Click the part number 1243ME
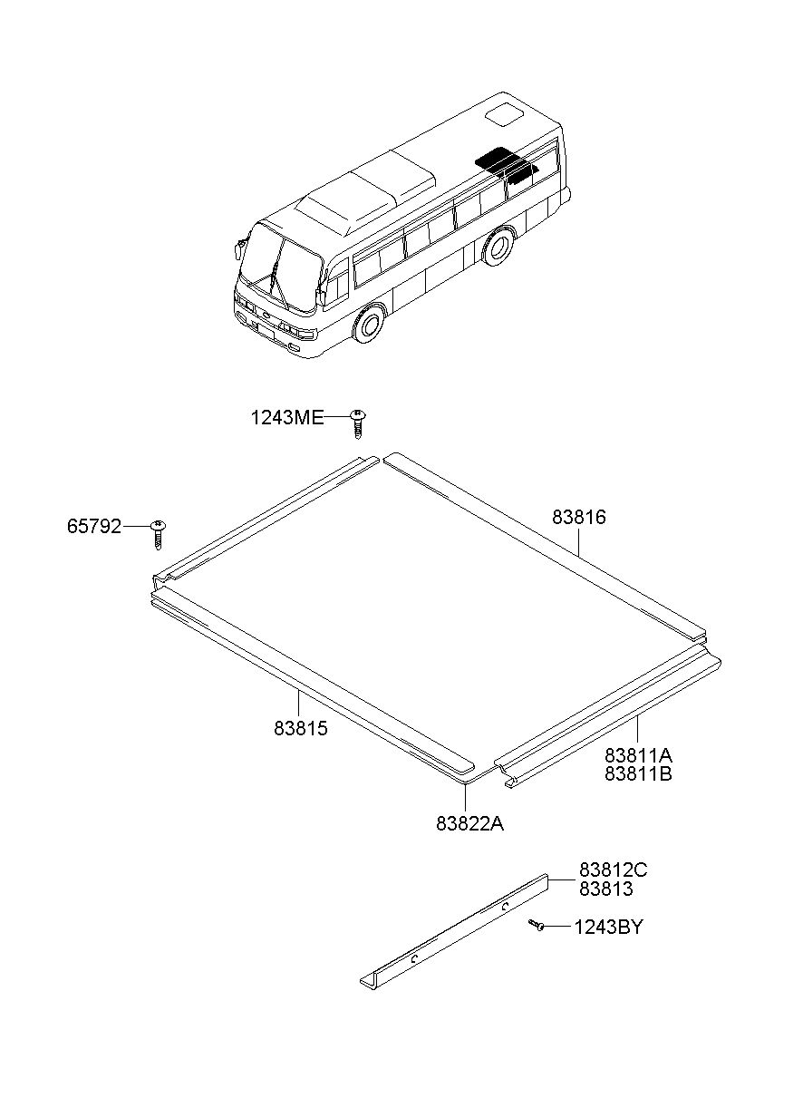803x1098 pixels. (x=287, y=418)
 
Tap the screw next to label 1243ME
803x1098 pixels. (x=359, y=421)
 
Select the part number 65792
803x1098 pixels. (x=93, y=527)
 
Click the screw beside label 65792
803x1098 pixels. (x=160, y=532)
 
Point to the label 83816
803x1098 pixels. (x=579, y=518)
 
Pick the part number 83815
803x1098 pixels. (x=301, y=728)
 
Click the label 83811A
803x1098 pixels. (x=639, y=755)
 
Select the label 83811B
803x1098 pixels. (x=639, y=774)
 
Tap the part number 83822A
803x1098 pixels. (x=469, y=823)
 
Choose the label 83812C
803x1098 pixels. (x=614, y=870)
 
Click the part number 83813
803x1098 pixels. (x=606, y=889)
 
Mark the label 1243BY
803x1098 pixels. (x=609, y=928)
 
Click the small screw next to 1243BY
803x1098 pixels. (x=537, y=926)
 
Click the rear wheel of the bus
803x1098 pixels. (x=496, y=247)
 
